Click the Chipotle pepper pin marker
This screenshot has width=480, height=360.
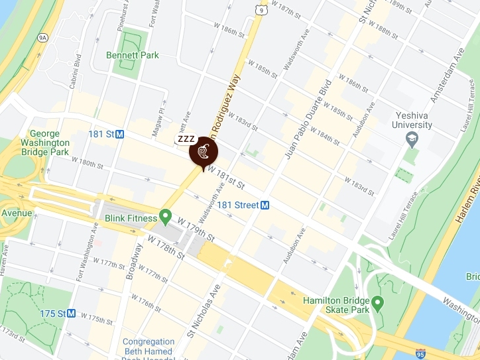pos(203,153)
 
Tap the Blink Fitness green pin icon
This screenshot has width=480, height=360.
pos(165,217)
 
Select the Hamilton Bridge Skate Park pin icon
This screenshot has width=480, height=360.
pos(378,304)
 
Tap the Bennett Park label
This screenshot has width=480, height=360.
pos(132,55)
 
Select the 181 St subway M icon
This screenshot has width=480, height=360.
pos(120,134)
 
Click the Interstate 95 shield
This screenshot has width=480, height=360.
pos(420,354)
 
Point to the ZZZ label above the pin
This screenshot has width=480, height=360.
pos(186,139)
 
